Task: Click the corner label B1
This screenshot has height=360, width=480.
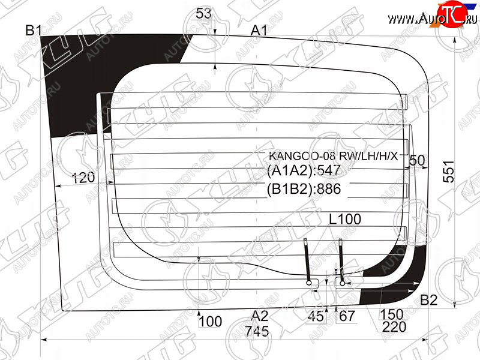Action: coord(34,31)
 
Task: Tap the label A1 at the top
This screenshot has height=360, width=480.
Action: coord(259,31)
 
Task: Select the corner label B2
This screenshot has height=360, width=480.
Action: coord(428,300)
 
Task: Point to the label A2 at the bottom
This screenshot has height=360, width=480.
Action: coord(260,316)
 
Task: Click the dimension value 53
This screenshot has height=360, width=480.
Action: coord(203,13)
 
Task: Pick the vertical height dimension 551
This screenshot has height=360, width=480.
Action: coord(449,171)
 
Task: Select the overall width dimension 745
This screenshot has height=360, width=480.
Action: coord(257,331)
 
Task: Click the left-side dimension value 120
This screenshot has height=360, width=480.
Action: coord(83,178)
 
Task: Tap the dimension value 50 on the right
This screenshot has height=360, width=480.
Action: coord(417,160)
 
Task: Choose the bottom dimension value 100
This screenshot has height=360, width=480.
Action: coord(211,322)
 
